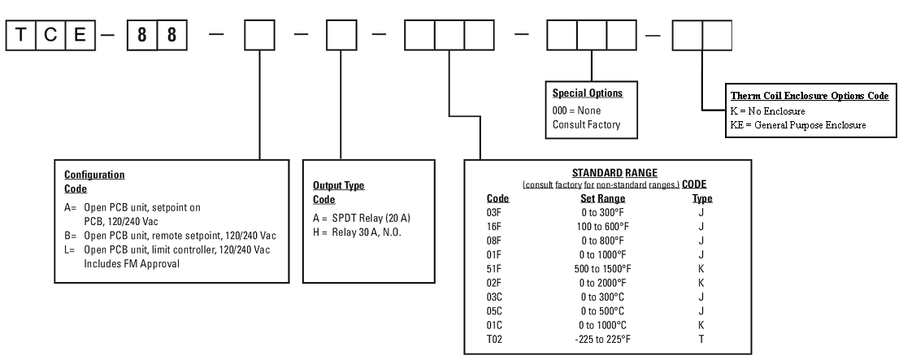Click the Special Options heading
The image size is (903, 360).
(x=587, y=93)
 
